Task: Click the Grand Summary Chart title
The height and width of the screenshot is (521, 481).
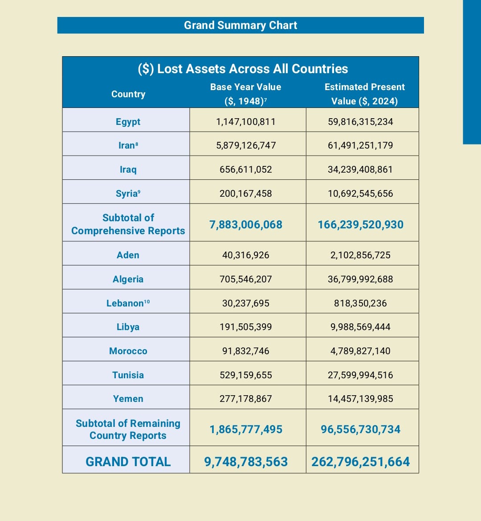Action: click(x=240, y=25)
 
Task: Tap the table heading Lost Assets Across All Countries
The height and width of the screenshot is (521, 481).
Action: click(x=243, y=69)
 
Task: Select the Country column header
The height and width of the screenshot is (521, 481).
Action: click(x=128, y=94)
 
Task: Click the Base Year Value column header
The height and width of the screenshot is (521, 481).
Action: click(x=245, y=94)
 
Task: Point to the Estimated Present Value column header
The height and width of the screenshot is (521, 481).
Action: click(x=364, y=94)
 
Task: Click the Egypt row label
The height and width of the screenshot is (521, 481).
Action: click(x=128, y=122)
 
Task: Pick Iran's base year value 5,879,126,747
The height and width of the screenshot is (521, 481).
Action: click(x=246, y=145)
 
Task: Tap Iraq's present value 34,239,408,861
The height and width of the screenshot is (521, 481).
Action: click(x=360, y=170)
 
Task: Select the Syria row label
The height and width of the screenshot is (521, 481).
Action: click(x=128, y=194)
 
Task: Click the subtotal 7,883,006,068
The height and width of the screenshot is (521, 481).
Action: click(x=246, y=224)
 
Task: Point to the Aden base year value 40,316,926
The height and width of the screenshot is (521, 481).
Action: click(x=246, y=255)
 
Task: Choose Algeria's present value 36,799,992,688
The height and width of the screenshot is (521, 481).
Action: click(x=360, y=279)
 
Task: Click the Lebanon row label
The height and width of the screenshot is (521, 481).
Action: click(x=128, y=303)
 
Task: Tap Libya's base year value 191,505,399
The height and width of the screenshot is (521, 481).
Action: click(x=246, y=327)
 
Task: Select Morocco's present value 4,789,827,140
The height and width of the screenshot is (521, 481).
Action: click(x=360, y=351)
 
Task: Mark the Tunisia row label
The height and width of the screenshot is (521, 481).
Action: click(x=128, y=375)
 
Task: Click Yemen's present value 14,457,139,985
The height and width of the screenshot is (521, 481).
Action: click(x=360, y=399)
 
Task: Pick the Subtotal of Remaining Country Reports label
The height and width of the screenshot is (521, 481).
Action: click(x=128, y=429)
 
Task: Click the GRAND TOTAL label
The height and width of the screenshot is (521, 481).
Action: click(x=128, y=462)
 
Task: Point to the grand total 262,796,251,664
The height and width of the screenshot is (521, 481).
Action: click(x=360, y=462)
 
